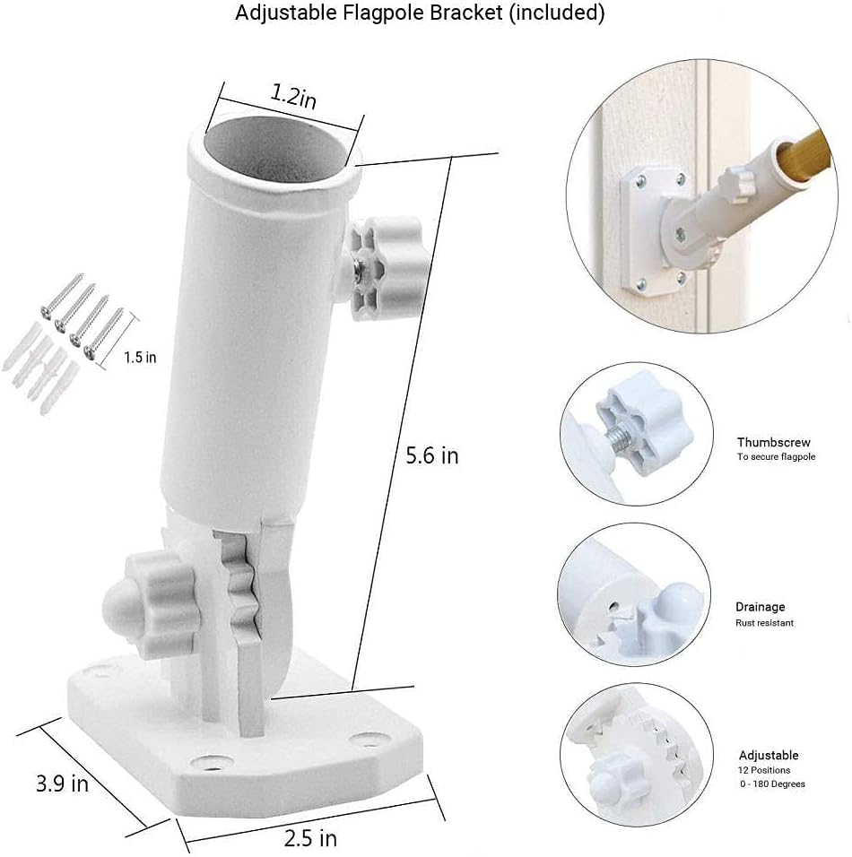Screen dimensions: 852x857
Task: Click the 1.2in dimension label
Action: [294, 96]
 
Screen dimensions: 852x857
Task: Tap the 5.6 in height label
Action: [432, 455]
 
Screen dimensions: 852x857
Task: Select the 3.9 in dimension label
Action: [63, 783]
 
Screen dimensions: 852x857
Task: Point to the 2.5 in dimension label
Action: [310, 838]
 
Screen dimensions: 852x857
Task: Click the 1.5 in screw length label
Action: [140, 358]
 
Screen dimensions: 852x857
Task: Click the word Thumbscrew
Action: [773, 442]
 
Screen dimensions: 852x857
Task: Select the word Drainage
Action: [761, 607]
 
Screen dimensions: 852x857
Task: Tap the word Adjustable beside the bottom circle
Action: [769, 756]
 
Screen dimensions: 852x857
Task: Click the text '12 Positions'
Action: [764, 770]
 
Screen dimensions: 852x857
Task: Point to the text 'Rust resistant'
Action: [764, 622]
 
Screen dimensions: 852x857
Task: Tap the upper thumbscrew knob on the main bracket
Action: [386, 267]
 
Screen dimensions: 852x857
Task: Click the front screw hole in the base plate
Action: [211, 761]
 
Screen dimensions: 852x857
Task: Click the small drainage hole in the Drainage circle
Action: [613, 606]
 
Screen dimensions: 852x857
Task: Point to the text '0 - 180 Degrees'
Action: [772, 783]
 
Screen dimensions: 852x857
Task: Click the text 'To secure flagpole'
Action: [776, 456]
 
